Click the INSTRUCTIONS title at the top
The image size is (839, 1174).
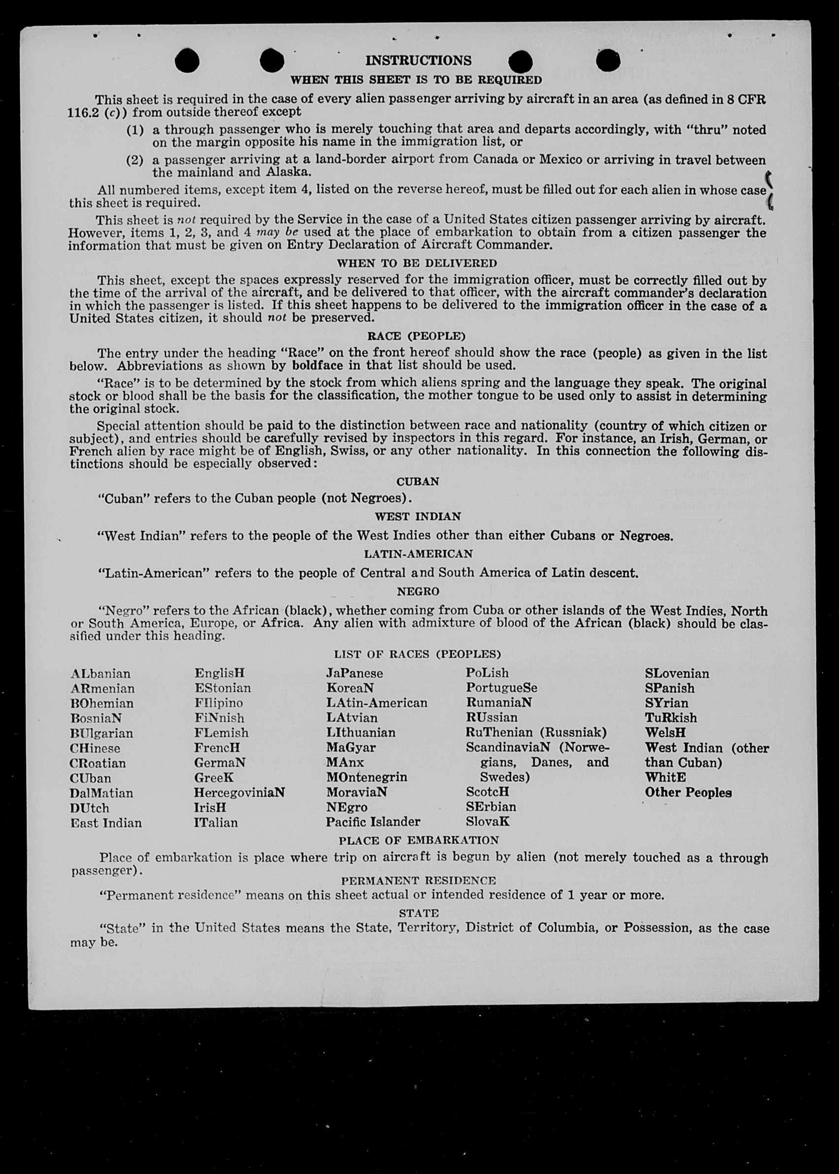click(418, 61)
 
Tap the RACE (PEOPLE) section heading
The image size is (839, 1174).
click(416, 336)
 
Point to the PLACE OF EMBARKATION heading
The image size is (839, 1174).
click(419, 840)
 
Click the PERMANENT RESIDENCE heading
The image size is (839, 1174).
click(418, 880)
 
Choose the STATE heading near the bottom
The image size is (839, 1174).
click(419, 913)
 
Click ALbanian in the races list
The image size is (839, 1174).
click(101, 674)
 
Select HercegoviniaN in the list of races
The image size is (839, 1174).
click(239, 793)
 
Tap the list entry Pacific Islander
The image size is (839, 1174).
click(373, 822)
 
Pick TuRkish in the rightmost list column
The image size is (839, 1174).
click(671, 717)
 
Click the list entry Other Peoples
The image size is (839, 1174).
click(688, 793)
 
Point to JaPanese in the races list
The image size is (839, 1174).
click(355, 673)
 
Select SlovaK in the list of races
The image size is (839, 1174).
click(487, 821)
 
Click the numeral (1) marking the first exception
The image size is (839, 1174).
click(134, 130)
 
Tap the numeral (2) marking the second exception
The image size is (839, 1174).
click(134, 160)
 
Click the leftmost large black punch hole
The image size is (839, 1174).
click(187, 61)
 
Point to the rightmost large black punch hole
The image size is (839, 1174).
click(608, 61)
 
